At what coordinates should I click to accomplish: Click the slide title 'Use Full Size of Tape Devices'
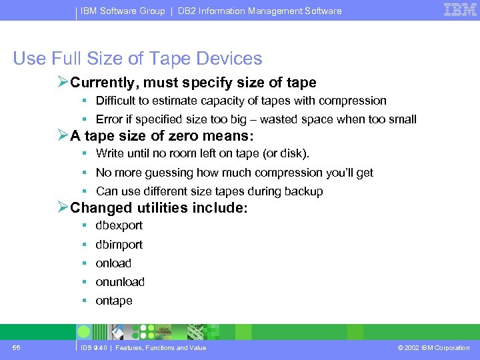[137, 59]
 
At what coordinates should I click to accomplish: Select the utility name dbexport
[119, 225]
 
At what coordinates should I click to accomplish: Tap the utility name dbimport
[119, 245]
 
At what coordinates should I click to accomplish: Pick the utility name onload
[113, 263]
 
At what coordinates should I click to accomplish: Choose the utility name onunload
[120, 282]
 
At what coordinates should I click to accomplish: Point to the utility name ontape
[114, 301]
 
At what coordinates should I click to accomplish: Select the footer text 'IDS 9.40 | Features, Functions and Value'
[143, 348]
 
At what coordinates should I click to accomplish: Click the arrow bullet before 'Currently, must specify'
[63, 83]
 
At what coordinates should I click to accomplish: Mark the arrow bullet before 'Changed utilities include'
[63, 208]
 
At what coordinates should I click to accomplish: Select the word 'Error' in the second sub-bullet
[109, 119]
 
